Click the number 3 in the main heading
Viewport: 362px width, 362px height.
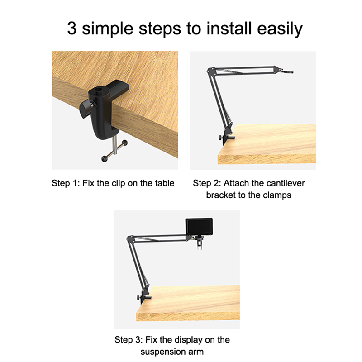point(72,28)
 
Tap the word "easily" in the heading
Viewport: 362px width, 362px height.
point(280,29)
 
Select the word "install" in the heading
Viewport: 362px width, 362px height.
point(229,28)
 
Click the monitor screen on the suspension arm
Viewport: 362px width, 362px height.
point(199,227)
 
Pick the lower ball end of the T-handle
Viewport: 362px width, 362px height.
point(105,159)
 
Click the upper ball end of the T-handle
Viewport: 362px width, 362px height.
point(125,143)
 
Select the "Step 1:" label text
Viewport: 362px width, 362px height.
point(65,183)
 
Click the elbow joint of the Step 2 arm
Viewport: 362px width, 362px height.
point(211,71)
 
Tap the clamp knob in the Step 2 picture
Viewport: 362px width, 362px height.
point(219,138)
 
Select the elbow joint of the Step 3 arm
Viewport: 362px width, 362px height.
point(130,239)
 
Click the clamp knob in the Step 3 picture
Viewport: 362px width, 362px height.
point(138,298)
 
